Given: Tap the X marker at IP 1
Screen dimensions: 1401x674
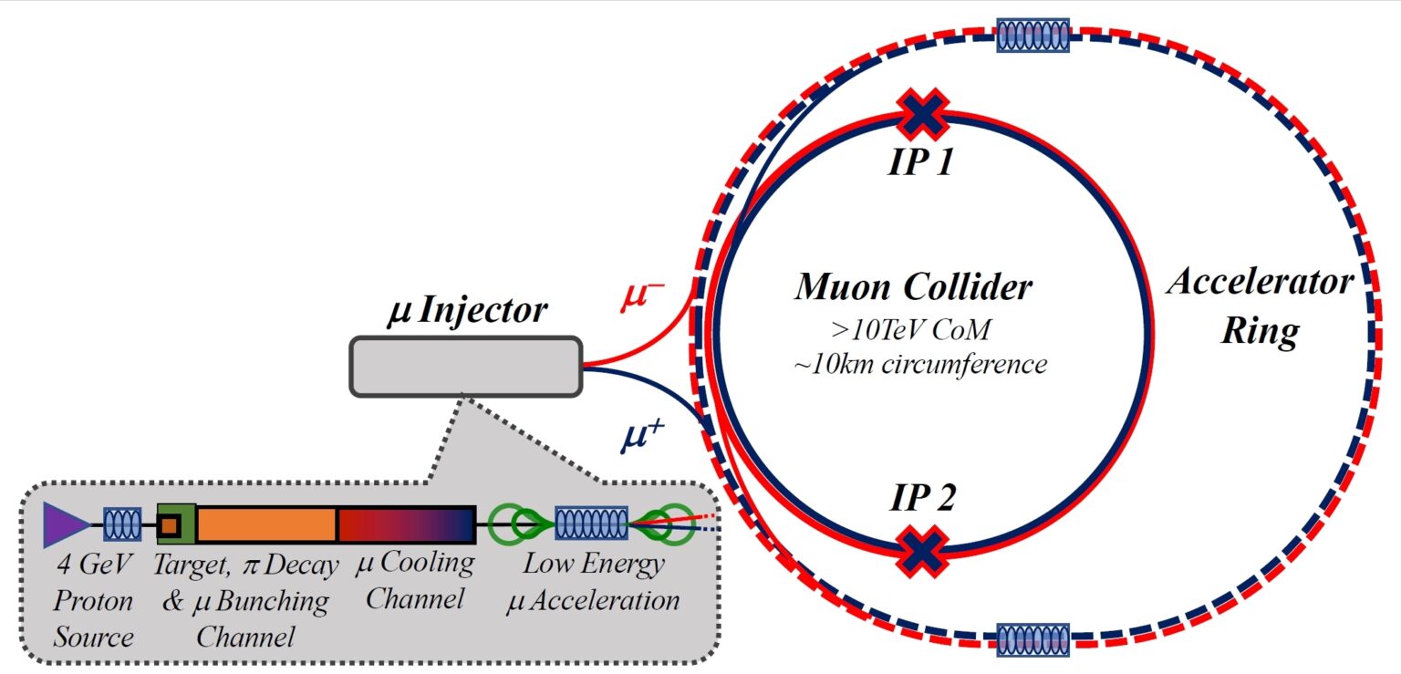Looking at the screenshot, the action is pos(922,114).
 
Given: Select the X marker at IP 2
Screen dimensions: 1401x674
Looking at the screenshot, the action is pos(922,551).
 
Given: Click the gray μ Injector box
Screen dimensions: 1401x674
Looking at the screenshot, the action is pos(466,367).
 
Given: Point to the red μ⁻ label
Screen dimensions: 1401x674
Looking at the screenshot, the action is pos(642,296).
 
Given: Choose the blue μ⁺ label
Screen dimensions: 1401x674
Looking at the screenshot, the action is pos(642,436).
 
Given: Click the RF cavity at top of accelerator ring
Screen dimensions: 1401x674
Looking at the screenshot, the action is pos(1033,35).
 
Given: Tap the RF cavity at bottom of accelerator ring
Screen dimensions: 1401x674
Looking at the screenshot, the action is pos(1033,640).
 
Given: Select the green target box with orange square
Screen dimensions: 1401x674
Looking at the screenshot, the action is pos(176,524).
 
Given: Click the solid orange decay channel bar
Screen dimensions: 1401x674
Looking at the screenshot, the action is pos(267,524).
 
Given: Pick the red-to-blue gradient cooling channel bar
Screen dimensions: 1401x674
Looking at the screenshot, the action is pos(407,524).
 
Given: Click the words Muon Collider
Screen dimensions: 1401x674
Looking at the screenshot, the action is pos(913,287).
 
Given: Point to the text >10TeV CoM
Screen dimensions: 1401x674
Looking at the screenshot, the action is pos(911,329).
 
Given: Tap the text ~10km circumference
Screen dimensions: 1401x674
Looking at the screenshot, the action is pos(920,364).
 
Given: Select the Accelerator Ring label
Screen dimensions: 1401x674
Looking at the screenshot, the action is pos(1261,306).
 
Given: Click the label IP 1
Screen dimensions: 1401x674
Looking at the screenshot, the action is pos(920,162).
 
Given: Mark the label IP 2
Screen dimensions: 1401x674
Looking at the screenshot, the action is pos(922,498).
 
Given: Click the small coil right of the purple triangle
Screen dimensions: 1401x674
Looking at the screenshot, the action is pos(122,524).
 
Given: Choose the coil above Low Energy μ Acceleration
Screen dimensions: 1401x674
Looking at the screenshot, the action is pos(592,524).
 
